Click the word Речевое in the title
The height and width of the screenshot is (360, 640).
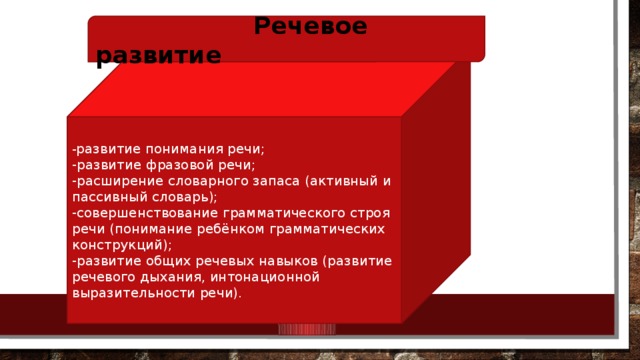click(310, 27)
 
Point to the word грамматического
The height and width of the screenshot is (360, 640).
click(280, 213)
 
